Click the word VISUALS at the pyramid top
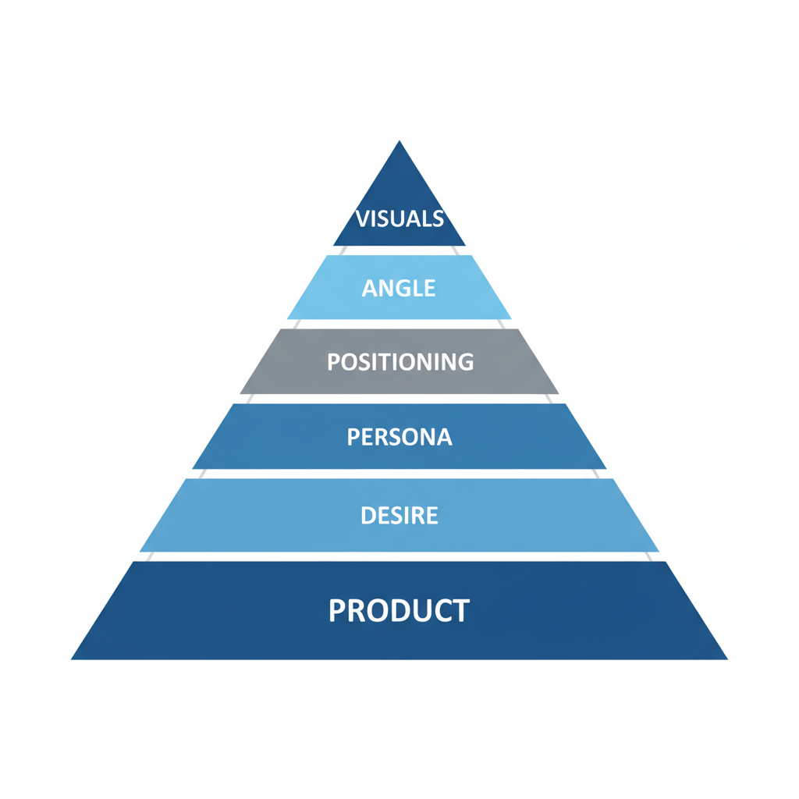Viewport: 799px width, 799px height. [399, 218]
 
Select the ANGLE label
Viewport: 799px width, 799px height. [399, 288]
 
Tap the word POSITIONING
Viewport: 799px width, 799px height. [400, 362]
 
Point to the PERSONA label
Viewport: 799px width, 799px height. [399, 437]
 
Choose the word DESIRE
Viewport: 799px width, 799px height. [399, 516]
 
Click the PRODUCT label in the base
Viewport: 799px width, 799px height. [399, 610]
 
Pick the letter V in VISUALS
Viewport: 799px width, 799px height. [362, 218]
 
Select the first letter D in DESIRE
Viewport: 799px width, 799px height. [368, 516]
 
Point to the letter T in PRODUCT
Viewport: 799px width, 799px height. [461, 610]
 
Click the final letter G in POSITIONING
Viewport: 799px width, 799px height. [465, 362]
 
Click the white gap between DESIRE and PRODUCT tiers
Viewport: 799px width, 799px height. [399, 556]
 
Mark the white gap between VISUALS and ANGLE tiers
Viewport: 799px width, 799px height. [399, 250]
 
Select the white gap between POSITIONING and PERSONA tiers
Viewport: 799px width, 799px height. [399, 399]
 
